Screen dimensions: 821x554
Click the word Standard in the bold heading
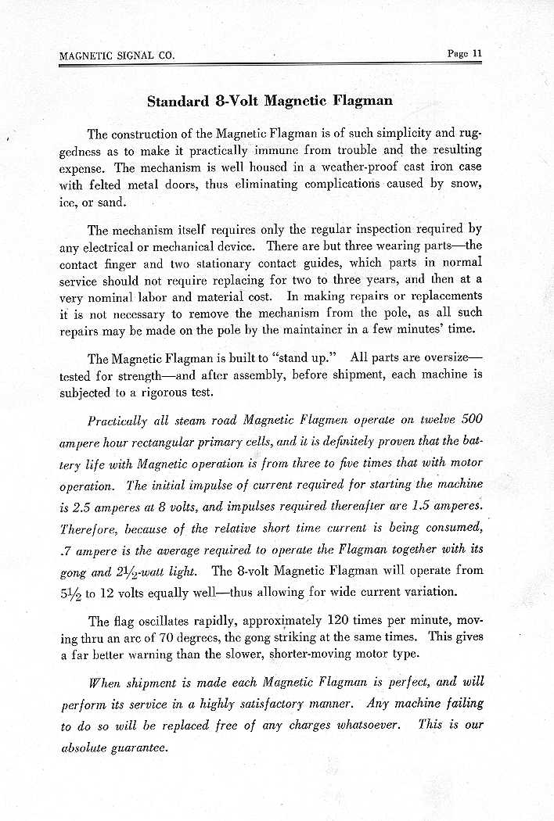click(x=176, y=101)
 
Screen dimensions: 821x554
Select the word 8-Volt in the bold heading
click(x=235, y=101)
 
